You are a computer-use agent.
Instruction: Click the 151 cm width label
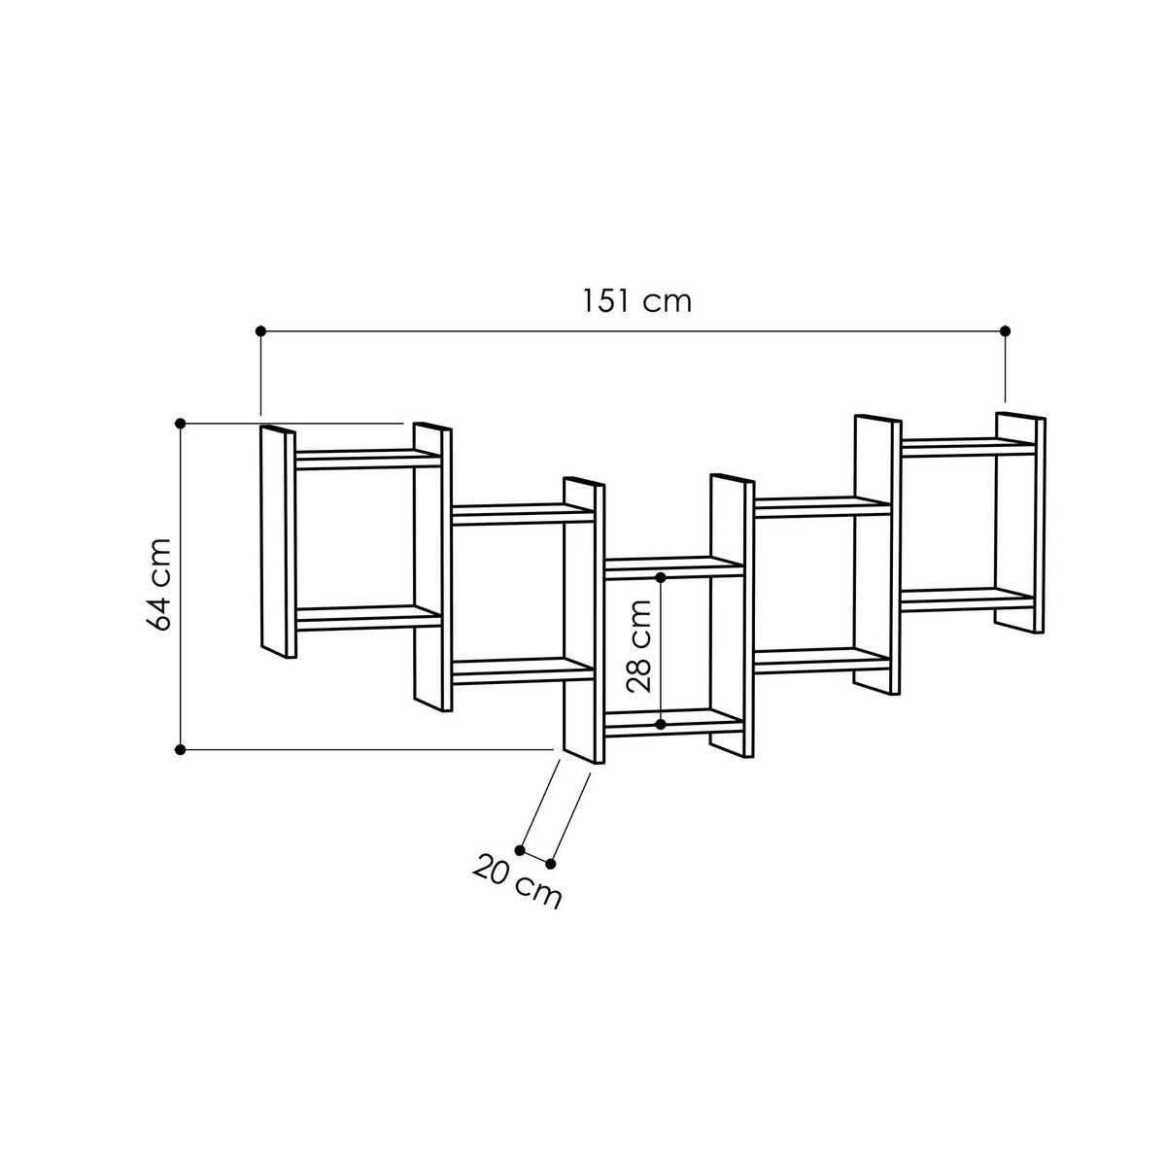(637, 300)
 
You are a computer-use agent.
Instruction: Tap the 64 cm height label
(160, 584)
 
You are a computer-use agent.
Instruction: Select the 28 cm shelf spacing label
(638, 646)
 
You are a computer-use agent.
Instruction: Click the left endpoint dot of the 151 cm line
(260, 332)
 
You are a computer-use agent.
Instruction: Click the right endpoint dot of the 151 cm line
(1006, 332)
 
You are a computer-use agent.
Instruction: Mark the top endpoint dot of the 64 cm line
(181, 423)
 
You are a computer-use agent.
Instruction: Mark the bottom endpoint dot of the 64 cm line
(181, 749)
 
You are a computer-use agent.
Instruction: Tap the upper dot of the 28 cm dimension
(661, 577)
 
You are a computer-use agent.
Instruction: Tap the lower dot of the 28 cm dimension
(661, 725)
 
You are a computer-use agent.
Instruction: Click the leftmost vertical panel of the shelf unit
(277, 542)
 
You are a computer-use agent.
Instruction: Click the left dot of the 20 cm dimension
(520, 850)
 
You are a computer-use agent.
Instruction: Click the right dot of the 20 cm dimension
(551, 864)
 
